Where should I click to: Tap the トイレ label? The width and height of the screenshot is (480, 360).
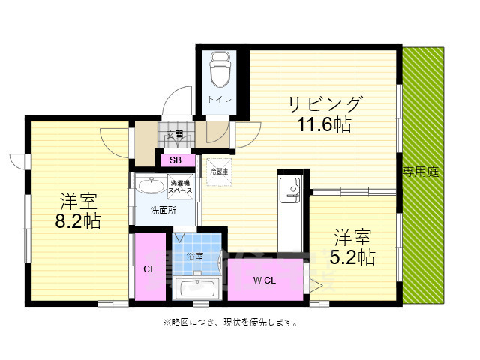point(220,99)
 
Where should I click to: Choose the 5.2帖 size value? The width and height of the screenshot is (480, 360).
point(353,257)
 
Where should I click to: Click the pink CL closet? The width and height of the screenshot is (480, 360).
point(149,268)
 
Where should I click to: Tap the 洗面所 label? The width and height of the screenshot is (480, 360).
point(163,211)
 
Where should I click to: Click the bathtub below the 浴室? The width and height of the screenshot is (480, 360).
point(195,288)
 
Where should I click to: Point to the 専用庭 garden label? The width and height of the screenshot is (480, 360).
point(421,172)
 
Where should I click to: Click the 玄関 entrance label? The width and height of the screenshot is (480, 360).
point(175,135)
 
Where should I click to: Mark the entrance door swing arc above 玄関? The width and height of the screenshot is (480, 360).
point(178,103)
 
